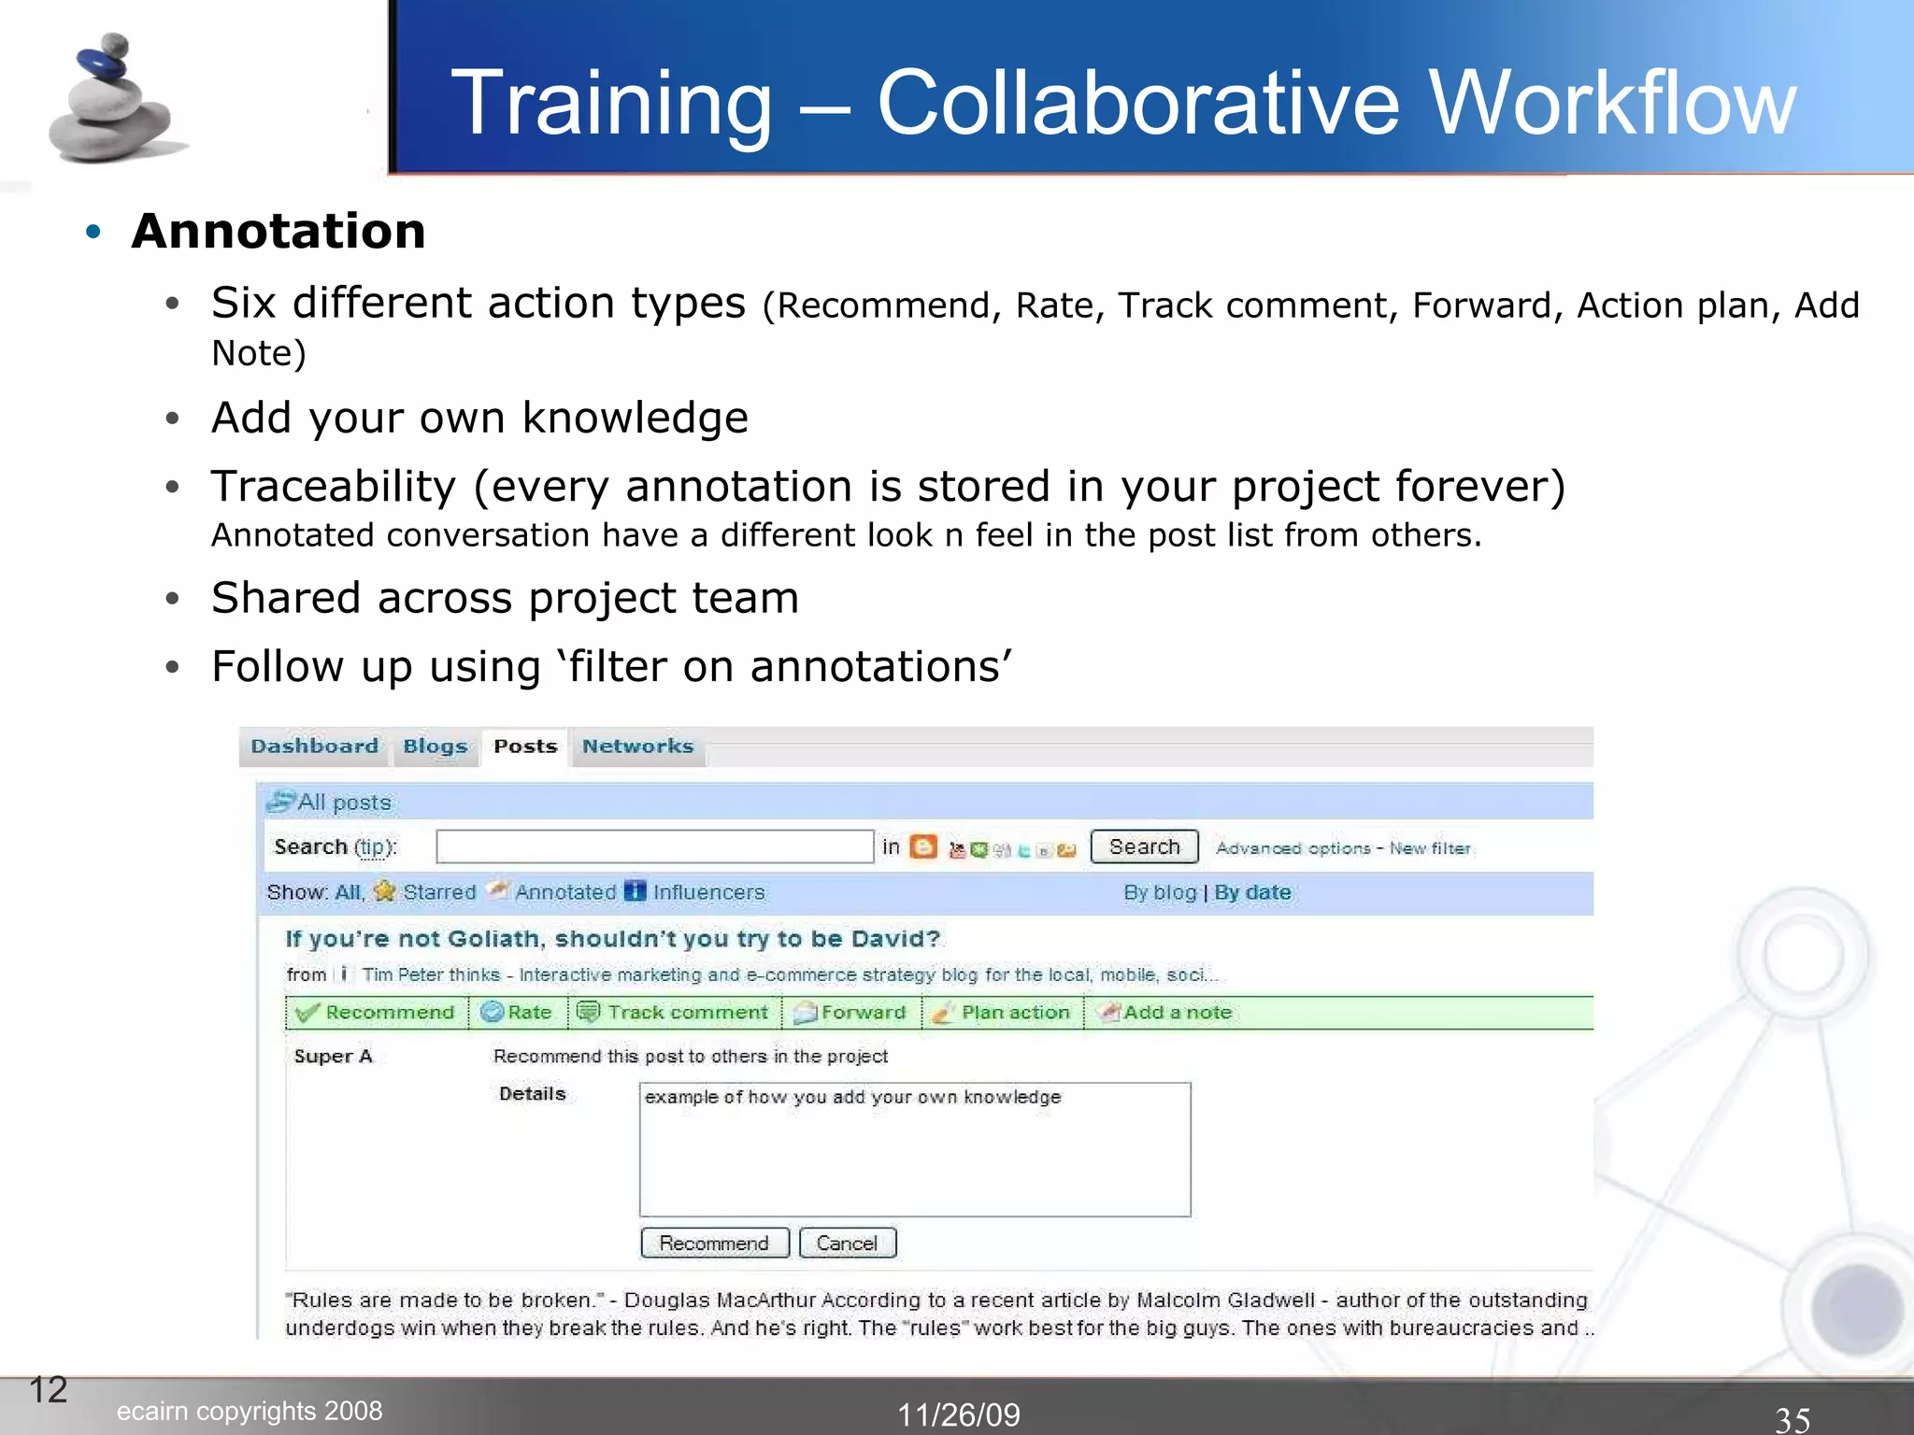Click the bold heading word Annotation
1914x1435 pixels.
[279, 231]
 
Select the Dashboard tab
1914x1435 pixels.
[314, 746]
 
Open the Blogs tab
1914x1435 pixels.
[435, 746]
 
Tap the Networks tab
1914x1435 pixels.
[637, 746]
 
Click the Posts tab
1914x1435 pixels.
[525, 746]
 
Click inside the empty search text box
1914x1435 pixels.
[654, 846]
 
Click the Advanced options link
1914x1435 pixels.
[1293, 848]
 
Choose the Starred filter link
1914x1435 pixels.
[438, 892]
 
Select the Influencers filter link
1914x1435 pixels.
[707, 892]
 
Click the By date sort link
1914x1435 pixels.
[1252, 892]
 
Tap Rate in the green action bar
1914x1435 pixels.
[528, 1013]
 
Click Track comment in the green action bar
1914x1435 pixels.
[687, 1013]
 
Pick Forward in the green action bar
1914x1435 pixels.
[863, 1013]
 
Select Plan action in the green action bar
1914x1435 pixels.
[1015, 1013]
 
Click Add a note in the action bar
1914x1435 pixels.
[1177, 1013]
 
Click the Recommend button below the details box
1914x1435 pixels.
[714, 1243]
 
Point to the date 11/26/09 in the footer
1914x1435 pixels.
[959, 1414]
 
